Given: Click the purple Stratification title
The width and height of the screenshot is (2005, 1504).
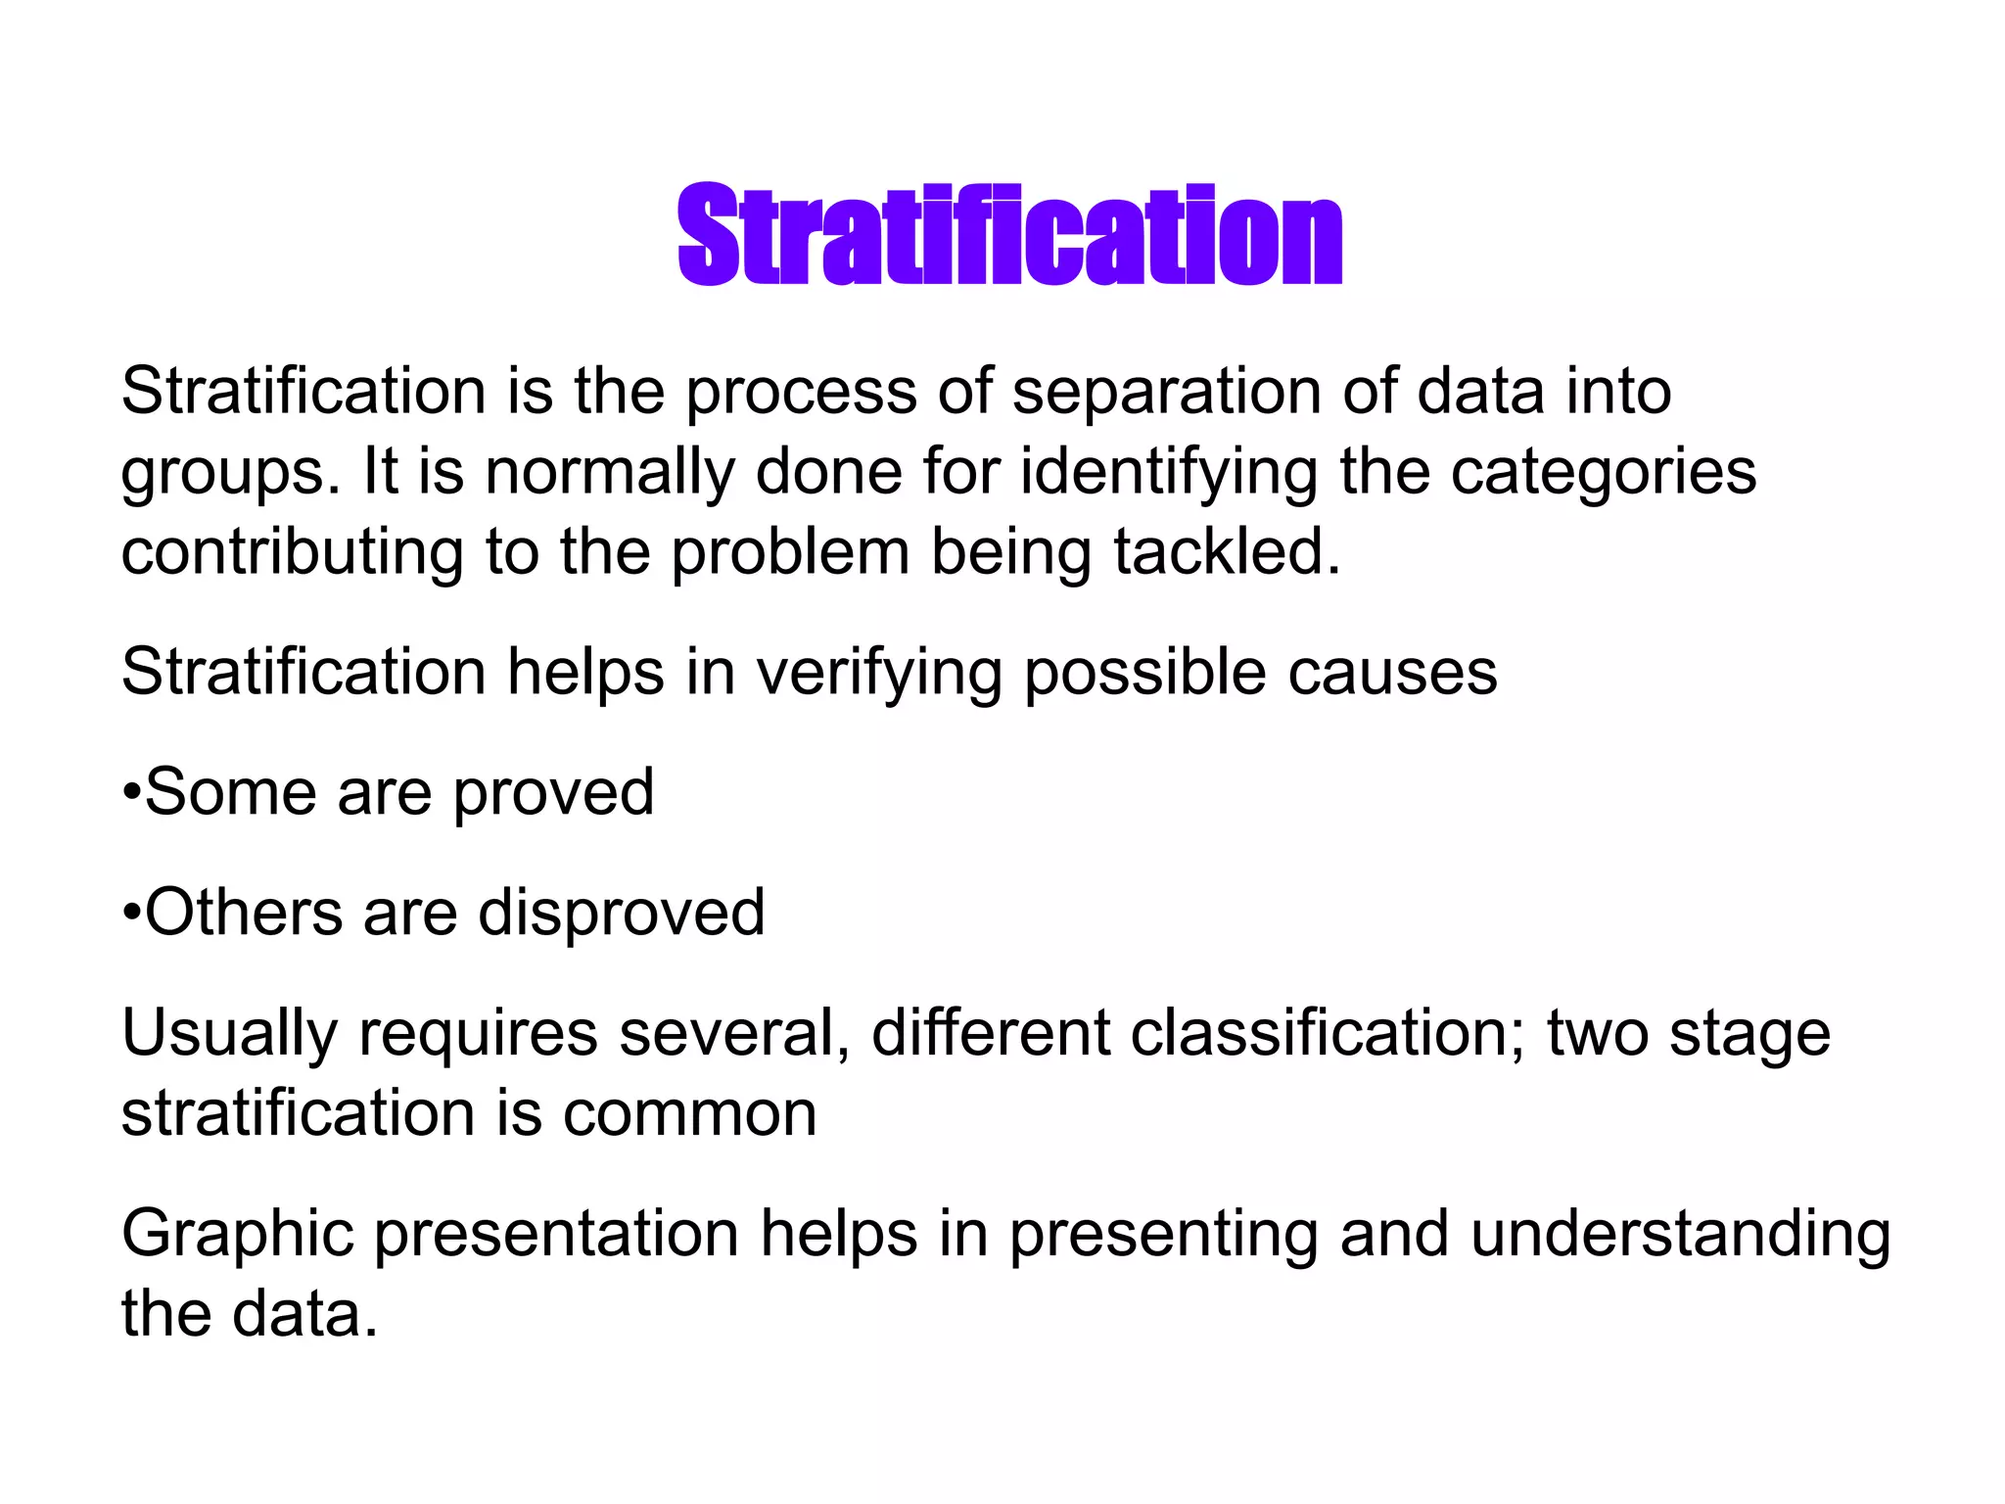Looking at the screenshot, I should pyautogui.click(x=1009, y=235).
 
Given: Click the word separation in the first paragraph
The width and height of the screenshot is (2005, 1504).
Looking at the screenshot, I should pyautogui.click(x=1166, y=392).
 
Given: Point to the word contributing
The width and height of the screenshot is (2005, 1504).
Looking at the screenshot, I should pyautogui.click(x=292, y=553).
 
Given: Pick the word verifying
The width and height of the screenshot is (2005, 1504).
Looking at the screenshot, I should pyautogui.click(x=879, y=675).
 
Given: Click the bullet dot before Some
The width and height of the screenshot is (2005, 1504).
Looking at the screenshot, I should pyautogui.click(x=132, y=793).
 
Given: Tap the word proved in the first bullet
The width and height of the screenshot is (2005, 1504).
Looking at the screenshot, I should pyautogui.click(x=553, y=794).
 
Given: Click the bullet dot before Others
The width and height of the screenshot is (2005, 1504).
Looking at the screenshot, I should pyautogui.click(x=132, y=914).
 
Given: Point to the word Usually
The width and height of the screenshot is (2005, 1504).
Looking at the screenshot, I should pyautogui.click(x=229, y=1035).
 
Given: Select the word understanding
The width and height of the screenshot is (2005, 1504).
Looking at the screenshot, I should pyautogui.click(x=1680, y=1236).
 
